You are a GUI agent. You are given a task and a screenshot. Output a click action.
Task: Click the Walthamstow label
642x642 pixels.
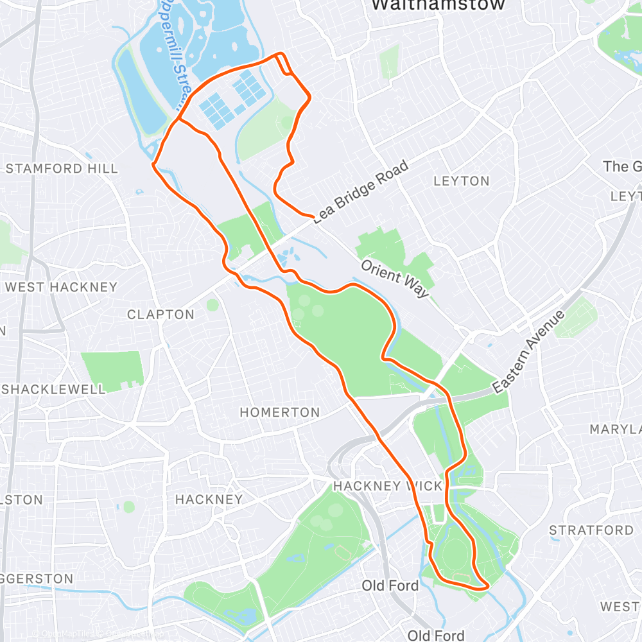pos(438,5)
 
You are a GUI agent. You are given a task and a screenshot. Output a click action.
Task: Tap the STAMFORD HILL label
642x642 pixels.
pos(62,169)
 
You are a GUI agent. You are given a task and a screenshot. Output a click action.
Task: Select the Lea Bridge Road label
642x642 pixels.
pos(361,192)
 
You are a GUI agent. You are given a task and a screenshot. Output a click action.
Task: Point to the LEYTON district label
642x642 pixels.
pos(461,181)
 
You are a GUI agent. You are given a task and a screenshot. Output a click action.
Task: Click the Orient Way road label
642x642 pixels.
pos(394,278)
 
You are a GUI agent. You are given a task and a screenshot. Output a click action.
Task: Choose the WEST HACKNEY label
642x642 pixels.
pos(61,287)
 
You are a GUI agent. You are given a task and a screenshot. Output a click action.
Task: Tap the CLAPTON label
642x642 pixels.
pos(160,315)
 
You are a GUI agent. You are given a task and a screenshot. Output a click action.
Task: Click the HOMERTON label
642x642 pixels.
pos(279,412)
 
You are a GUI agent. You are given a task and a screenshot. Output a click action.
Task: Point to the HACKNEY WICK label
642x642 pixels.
pos(388,486)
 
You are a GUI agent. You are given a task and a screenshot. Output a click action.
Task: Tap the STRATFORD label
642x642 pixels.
pos(591,530)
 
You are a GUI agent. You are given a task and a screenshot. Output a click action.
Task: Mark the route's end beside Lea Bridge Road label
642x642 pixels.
pos(313,216)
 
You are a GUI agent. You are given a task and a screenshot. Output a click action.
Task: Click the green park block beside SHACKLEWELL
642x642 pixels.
pos(113,370)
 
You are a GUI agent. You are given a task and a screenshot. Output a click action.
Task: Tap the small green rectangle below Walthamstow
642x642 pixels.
pos(390,62)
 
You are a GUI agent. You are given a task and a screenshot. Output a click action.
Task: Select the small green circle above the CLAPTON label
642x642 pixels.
pos(213,304)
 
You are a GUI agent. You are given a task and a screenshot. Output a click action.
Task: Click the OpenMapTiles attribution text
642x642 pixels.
pos(61,634)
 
